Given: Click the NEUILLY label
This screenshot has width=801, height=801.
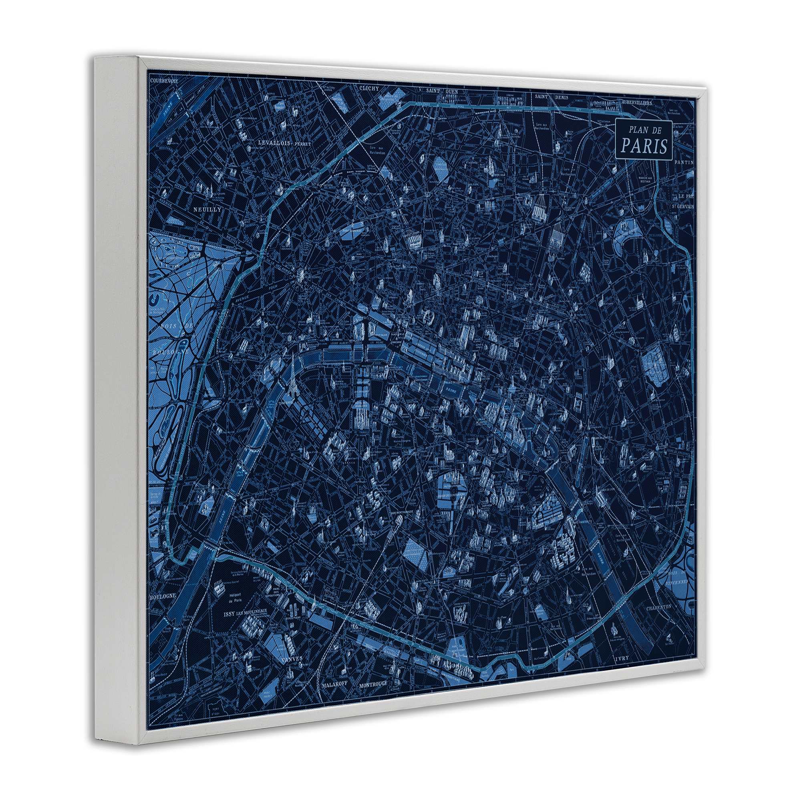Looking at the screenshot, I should coord(207,209).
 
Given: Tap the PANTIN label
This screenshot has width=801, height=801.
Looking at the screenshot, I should coord(684,162).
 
